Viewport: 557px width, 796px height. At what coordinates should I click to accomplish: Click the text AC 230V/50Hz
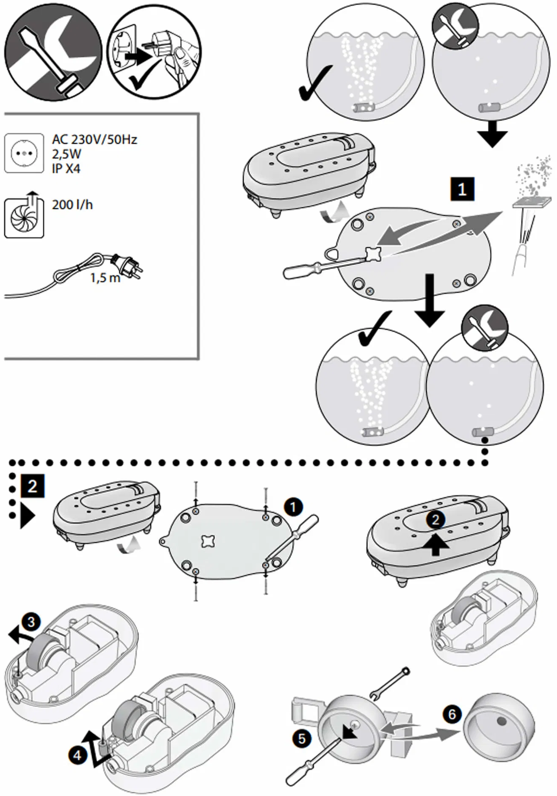94,139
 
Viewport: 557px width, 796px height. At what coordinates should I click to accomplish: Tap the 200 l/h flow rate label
72,205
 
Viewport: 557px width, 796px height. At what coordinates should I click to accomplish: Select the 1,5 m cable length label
104,278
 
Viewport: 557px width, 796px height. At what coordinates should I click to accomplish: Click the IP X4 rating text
66,169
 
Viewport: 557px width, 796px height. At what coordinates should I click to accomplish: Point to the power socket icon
24,153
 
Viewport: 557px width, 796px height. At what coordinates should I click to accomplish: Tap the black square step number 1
462,189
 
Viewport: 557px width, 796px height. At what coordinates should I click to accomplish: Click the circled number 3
31,622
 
